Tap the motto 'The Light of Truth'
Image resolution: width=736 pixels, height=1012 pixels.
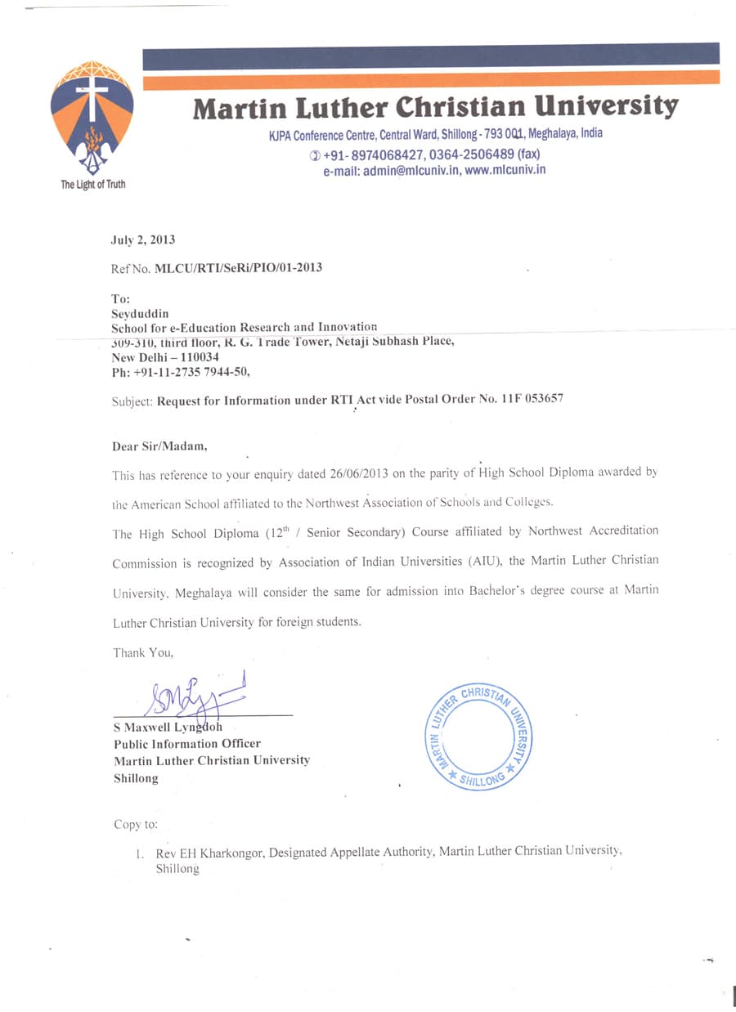[93, 184]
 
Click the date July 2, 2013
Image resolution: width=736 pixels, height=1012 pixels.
[143, 240]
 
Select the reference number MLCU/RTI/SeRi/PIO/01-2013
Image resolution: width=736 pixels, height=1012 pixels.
[238, 268]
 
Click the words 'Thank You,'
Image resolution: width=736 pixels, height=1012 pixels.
[143, 652]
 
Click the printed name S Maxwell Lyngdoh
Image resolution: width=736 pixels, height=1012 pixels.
[168, 727]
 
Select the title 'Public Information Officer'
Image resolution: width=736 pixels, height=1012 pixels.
[187, 743]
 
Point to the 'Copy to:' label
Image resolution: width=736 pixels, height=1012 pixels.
[136, 824]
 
